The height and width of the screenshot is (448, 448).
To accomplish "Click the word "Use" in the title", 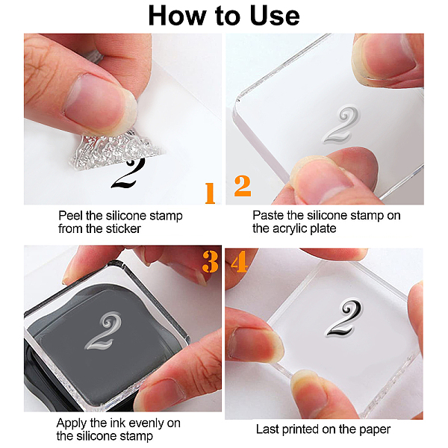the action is pyautogui.click(x=275, y=16).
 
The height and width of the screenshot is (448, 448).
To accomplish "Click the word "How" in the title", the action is pyautogui.click(x=178, y=16).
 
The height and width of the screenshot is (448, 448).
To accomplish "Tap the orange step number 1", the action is pyautogui.click(x=210, y=193).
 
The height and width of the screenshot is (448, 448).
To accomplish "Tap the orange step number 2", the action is pyautogui.click(x=243, y=186).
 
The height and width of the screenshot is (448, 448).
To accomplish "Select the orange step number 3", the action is pyautogui.click(x=211, y=261).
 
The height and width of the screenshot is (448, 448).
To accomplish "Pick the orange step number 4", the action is pyautogui.click(x=239, y=261).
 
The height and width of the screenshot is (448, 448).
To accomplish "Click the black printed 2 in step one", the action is pyautogui.click(x=128, y=173).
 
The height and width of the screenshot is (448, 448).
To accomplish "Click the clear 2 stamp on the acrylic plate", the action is pyautogui.click(x=341, y=125).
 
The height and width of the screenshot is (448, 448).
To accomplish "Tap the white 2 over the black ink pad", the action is pyautogui.click(x=103, y=331).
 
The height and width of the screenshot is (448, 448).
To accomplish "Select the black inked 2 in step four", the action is pyautogui.click(x=344, y=318).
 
